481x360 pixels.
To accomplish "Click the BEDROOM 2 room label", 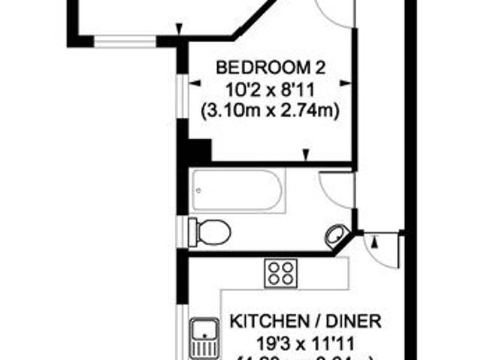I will pyautogui.click(x=271, y=68).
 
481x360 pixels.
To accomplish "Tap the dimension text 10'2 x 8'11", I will pyautogui.click(x=271, y=89).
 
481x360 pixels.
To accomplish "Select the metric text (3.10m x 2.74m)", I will pyautogui.click(x=271, y=110).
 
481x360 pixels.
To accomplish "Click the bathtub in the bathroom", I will pyautogui.click(x=238, y=191).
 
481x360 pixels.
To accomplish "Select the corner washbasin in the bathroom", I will pyautogui.click(x=336, y=237).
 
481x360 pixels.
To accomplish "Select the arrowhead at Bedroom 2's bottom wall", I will pyautogui.click(x=305, y=156).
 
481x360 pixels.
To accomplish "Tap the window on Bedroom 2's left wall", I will pyautogui.click(x=181, y=95).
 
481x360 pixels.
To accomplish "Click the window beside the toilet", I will pyautogui.click(x=181, y=229).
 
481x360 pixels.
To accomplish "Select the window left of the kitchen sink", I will pyautogui.click(x=181, y=331).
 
